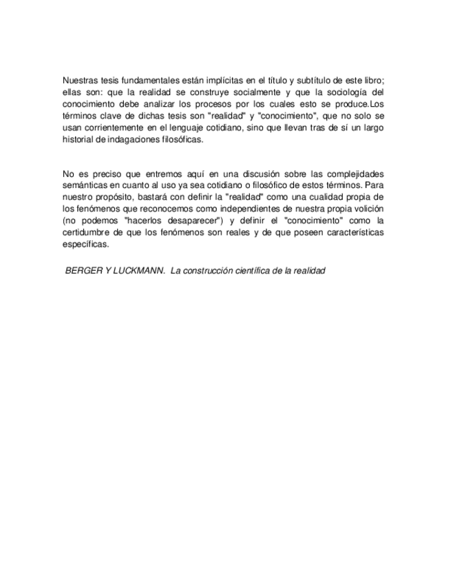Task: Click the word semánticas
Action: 86,186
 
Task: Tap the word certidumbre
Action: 87,233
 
